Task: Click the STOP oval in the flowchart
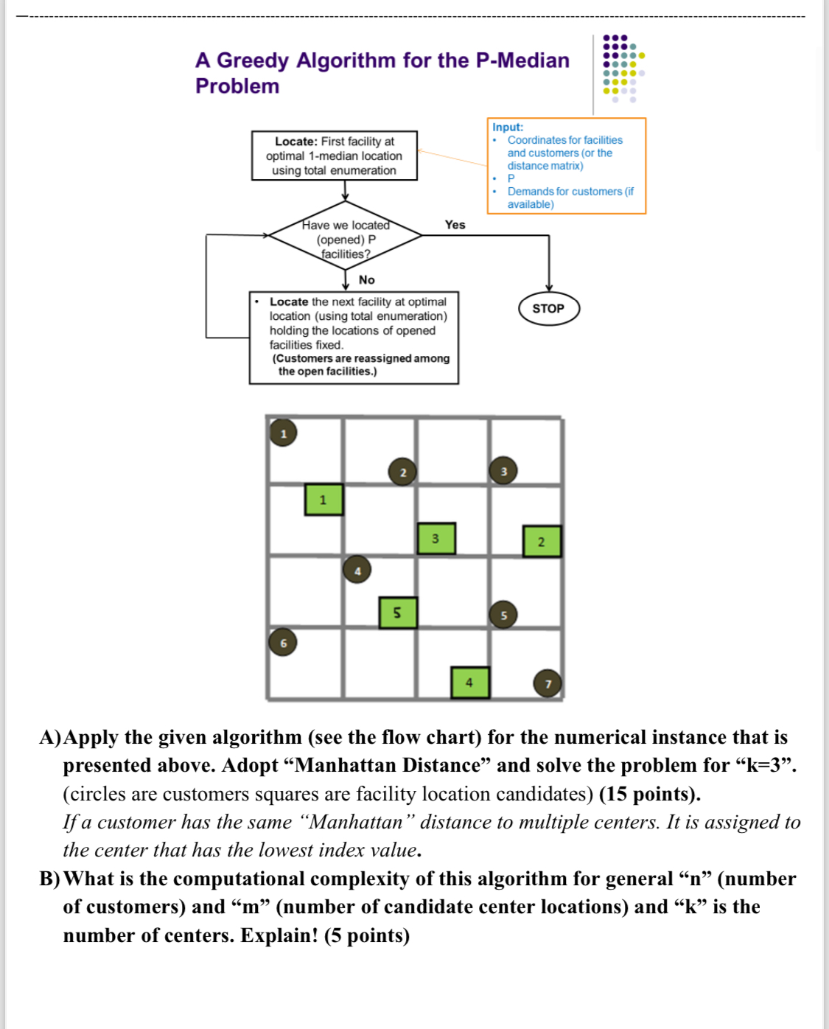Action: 548,309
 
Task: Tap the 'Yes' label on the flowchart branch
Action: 455,225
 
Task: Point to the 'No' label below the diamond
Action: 366,280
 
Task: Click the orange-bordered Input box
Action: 566,166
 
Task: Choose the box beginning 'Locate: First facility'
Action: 335,156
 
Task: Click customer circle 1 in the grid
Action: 283,433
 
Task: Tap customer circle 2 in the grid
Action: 402,472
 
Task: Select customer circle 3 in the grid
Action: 503,471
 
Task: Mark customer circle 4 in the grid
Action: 357,570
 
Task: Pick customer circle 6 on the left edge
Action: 283,643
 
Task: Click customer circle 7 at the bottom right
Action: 548,683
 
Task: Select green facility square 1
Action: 323,500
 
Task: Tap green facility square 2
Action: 542,542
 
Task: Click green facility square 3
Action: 436,538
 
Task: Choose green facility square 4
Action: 469,682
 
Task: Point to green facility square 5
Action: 398,613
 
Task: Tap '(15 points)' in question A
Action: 649,794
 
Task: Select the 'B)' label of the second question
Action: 50,879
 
